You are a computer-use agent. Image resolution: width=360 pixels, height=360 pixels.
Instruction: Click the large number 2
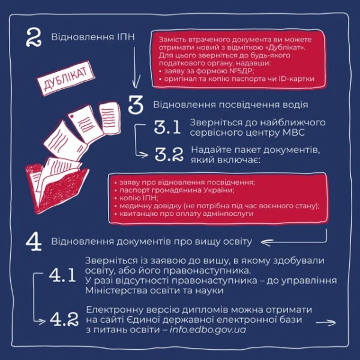[x=34, y=38]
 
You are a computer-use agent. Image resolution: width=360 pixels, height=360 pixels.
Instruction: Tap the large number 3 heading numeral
[x=136, y=104]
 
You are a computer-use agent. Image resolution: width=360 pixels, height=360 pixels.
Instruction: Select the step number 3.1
[x=167, y=127]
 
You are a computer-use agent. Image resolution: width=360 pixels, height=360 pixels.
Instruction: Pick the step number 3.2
[x=169, y=154]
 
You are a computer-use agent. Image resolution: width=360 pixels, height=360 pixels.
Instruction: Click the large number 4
[x=34, y=242]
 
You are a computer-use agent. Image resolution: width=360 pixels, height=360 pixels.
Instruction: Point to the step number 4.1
[x=62, y=275]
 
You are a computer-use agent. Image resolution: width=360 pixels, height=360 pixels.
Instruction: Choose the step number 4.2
[x=64, y=319]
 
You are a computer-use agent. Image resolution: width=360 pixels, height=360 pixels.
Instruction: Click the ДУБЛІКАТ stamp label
[x=66, y=78]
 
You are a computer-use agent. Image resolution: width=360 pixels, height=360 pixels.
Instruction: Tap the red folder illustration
[x=57, y=186]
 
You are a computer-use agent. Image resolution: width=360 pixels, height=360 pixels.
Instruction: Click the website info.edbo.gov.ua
[x=208, y=329]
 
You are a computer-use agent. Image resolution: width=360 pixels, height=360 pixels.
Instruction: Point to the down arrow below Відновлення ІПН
[x=136, y=68]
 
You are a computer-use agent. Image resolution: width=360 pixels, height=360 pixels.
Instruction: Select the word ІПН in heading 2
[x=125, y=37]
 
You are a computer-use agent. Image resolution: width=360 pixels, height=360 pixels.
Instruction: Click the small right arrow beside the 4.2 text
[x=326, y=323]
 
